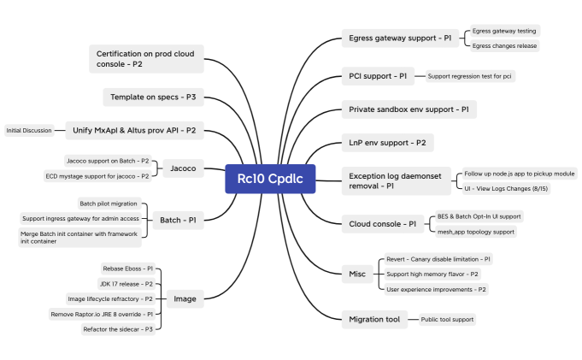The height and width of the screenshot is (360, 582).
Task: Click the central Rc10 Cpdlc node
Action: pos(270,179)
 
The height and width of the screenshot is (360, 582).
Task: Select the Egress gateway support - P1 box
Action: pos(400,38)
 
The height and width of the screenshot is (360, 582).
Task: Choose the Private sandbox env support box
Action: pos(409,109)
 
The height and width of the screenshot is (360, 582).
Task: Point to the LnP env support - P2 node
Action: pos(387,142)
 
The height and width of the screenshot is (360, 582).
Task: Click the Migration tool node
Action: pos(374,320)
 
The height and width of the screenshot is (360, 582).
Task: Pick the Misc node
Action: pos(357,274)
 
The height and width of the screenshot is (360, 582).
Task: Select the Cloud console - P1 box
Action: pos(383,224)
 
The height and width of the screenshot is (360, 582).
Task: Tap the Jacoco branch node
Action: pos(183,168)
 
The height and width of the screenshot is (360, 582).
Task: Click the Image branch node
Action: pos(185,298)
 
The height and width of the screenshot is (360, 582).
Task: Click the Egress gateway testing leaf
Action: pos(504,32)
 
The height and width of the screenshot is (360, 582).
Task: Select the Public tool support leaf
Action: pos(447,320)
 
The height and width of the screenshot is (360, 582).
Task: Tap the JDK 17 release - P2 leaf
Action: pos(126,284)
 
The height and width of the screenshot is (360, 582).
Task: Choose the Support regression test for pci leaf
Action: pos(470,77)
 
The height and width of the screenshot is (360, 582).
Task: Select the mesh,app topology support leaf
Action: pos(475,232)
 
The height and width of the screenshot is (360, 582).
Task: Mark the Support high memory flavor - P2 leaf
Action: pos(432,274)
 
